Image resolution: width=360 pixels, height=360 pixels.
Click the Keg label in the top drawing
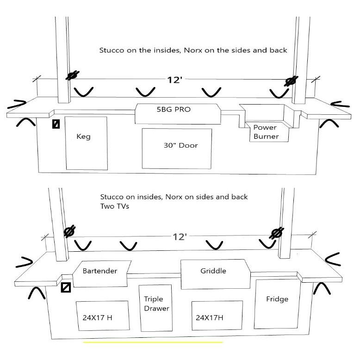pos(84,137)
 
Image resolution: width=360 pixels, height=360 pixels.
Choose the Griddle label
pos(213,271)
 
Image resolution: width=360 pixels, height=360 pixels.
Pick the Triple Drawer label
pos(156,304)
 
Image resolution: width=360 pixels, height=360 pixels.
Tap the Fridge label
pos(277,299)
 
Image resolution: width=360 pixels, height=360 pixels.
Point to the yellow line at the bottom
pos(153,342)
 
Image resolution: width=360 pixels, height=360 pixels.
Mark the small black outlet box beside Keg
pos(56,124)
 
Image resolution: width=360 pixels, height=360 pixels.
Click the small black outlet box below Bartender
pos(66,288)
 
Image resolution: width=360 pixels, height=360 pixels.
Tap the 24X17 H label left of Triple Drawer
pos(96,318)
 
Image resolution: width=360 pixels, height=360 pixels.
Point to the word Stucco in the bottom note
pos(111,197)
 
